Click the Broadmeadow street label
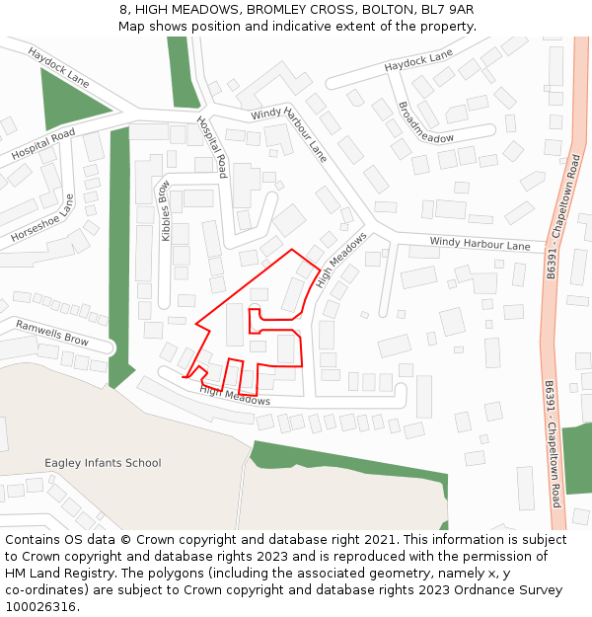click(425, 122)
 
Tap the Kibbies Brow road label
click(166, 210)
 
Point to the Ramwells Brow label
click(51, 333)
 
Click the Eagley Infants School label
click(103, 463)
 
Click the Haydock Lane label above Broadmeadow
click(418, 60)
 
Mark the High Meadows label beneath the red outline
click(235, 396)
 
